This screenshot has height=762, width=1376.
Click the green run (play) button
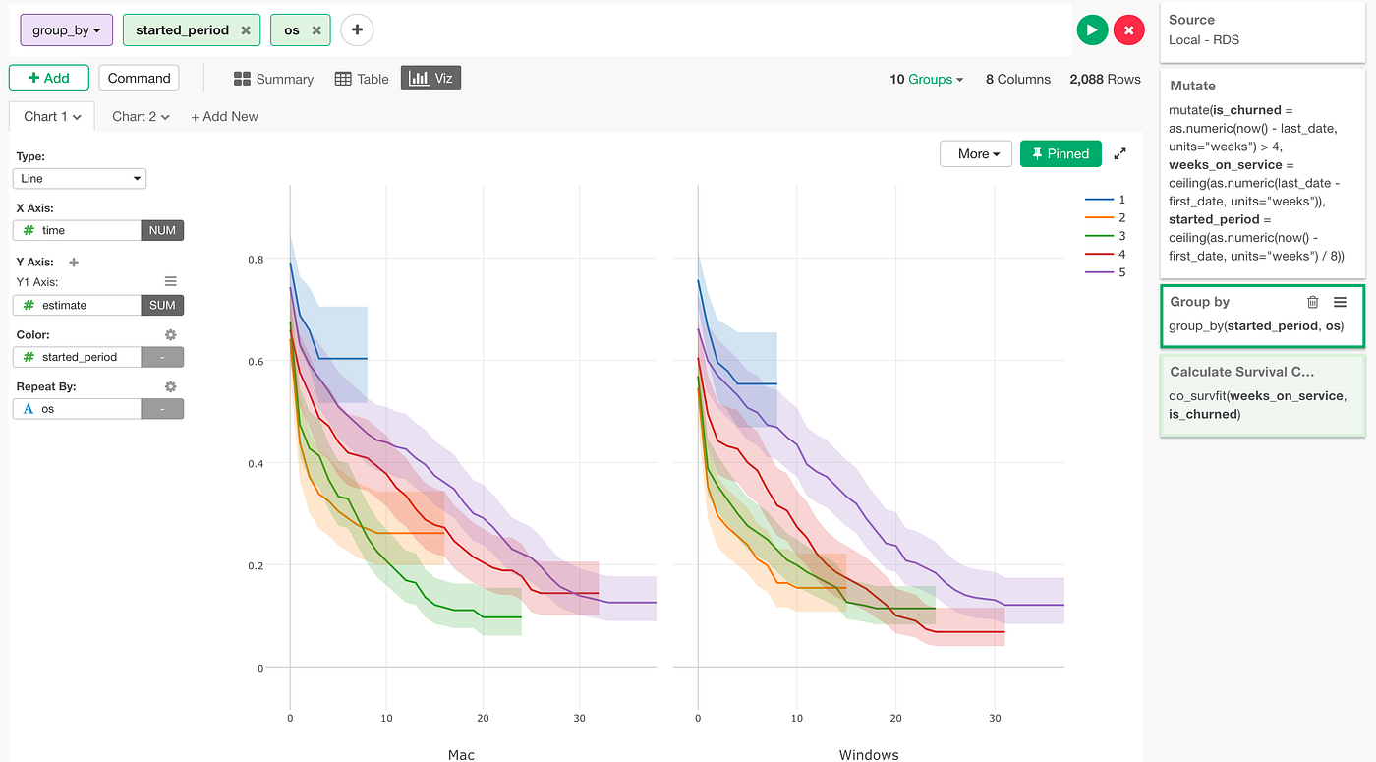1092,30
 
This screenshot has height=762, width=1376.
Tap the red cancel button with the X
1128,30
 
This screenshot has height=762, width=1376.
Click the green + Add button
49,78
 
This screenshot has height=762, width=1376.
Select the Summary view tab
273,79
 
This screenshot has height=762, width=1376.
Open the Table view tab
362,79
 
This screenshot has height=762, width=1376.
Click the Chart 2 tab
141,116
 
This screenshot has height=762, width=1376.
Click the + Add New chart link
224,116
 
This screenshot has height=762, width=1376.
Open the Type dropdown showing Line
80,178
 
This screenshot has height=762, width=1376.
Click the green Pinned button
1061,153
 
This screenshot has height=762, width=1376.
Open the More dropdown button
976,153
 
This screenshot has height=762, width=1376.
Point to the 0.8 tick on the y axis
256,260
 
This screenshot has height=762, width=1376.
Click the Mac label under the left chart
461,754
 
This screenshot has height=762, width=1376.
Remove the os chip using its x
316,30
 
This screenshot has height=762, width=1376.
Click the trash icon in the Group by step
1312,302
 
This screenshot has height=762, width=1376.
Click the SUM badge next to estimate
162,305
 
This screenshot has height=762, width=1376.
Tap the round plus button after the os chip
357,30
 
